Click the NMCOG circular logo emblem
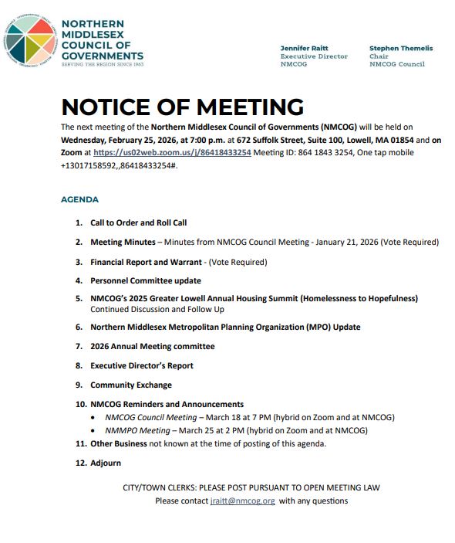pos(30,39)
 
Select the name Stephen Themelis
pos(400,48)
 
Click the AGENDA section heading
pos(79,199)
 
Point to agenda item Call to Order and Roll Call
pos(139,222)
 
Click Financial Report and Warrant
pos(147,262)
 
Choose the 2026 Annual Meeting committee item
pos(152,346)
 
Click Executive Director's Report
pos(142,365)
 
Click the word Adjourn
pos(106,463)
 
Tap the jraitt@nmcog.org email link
pos(242,501)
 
